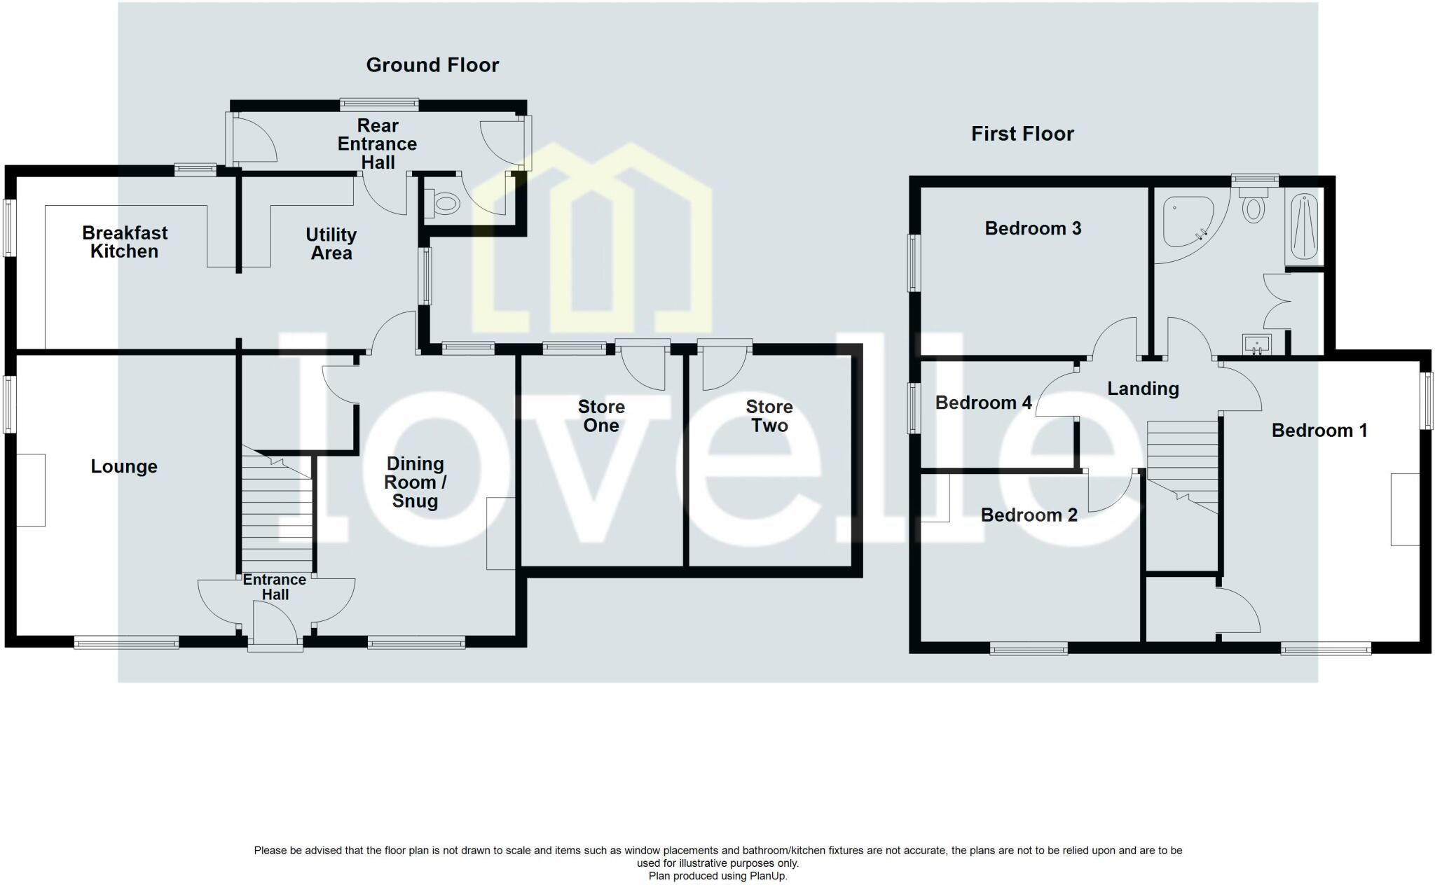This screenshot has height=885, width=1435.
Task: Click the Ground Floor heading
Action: click(x=432, y=65)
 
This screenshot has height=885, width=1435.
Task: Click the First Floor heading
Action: click(x=1022, y=134)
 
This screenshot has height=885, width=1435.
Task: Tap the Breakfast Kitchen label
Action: click(x=125, y=242)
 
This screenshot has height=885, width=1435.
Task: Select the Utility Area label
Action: click(x=331, y=244)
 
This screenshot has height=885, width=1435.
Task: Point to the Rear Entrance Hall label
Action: click(x=377, y=144)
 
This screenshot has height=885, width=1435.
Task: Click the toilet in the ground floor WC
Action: click(x=446, y=204)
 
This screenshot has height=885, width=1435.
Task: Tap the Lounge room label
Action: click(x=124, y=466)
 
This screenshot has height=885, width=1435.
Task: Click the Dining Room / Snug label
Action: click(x=415, y=482)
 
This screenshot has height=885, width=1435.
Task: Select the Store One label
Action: click(x=600, y=416)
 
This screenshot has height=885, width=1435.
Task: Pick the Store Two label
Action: click(x=769, y=416)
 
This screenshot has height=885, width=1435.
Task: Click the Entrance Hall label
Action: click(x=275, y=587)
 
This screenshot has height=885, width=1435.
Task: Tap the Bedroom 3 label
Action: click(x=1033, y=228)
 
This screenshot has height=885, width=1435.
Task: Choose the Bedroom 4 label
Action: click(x=983, y=403)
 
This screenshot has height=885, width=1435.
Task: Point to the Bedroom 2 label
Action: click(x=1029, y=515)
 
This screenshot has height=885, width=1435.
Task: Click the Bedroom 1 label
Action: click(x=1319, y=431)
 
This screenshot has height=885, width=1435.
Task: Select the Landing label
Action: click(x=1142, y=389)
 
